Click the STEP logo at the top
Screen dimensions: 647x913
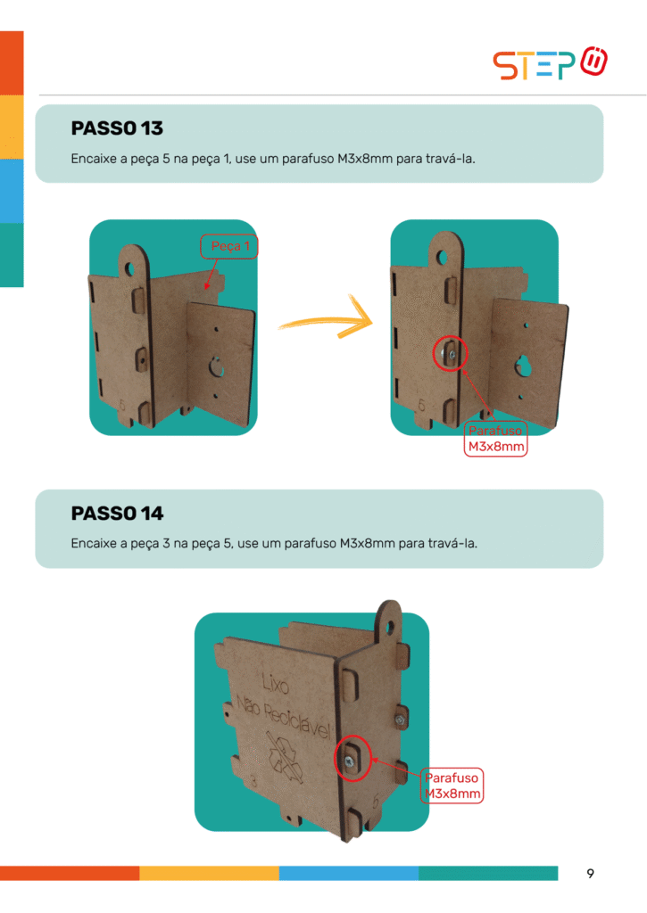tap(550, 63)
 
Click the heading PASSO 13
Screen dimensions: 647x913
tap(117, 128)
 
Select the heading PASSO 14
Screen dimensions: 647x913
tap(117, 513)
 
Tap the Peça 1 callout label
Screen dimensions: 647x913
tap(229, 246)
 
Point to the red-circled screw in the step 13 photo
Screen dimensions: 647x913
tap(451, 353)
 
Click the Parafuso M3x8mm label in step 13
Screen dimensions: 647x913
tap(495, 439)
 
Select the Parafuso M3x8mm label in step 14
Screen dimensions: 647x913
tap(452, 786)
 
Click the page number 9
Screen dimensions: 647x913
tap(591, 874)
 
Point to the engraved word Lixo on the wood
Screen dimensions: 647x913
tap(275, 684)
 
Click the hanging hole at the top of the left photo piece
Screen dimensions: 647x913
tap(129, 269)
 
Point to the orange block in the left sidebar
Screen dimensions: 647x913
tap(12, 63)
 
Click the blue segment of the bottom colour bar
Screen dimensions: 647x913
tap(349, 874)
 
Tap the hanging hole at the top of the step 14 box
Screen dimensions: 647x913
tap(390, 628)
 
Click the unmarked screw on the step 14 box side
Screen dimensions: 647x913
tap(400, 720)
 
